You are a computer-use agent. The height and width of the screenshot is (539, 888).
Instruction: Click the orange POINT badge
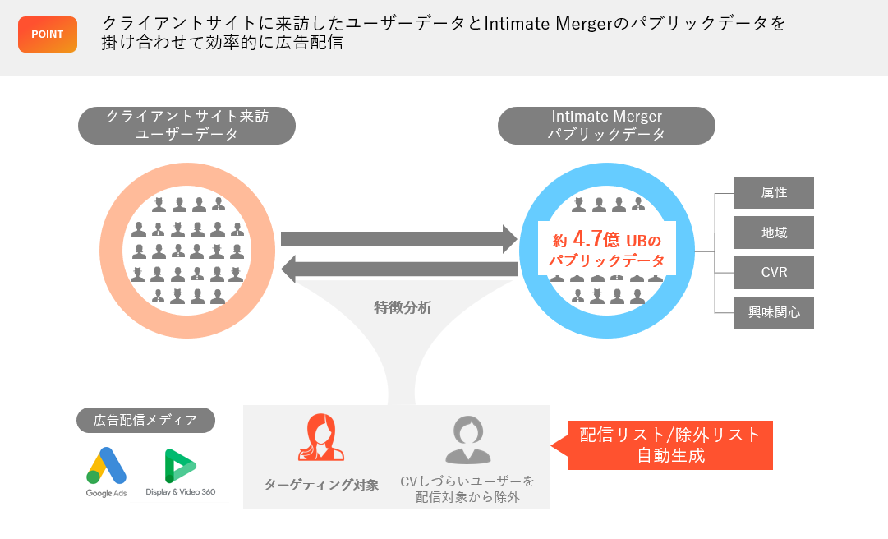[48, 35]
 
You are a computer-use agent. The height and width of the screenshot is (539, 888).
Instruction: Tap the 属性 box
[774, 192]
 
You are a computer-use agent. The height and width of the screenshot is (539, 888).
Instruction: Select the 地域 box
[774, 233]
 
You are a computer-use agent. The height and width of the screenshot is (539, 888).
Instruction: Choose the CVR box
[774, 273]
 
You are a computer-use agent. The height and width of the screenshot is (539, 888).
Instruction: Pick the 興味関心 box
[774, 313]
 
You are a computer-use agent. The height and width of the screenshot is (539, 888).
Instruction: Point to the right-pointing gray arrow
[398, 238]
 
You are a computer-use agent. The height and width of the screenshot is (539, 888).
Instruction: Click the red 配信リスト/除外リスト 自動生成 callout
[670, 445]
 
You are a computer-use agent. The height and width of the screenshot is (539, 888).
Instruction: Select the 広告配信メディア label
[146, 421]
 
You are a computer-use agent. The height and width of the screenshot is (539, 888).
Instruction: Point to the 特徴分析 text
[403, 308]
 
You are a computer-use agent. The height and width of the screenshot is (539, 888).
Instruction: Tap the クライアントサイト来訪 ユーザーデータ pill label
[186, 126]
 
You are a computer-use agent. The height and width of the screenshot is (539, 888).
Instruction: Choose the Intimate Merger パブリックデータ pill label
[606, 126]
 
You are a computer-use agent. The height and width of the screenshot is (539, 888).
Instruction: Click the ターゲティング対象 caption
[321, 485]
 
